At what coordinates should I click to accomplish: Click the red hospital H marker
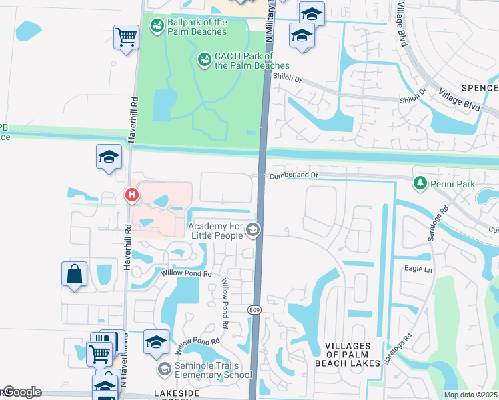tap(132, 195)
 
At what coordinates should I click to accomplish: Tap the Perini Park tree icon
tap(420, 182)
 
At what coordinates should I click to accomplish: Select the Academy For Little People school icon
tap(253, 230)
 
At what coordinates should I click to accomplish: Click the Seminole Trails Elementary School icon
tap(164, 369)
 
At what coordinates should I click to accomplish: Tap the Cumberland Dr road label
tap(296, 175)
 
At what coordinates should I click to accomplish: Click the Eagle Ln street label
tap(419, 269)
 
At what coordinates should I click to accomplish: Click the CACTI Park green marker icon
tap(204, 61)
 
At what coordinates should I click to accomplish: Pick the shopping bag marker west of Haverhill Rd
tap(74, 274)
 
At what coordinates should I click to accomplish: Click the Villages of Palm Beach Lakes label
tap(352, 353)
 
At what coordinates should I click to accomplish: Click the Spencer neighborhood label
tap(479, 88)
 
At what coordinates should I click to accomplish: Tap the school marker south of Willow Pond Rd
tap(156, 342)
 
